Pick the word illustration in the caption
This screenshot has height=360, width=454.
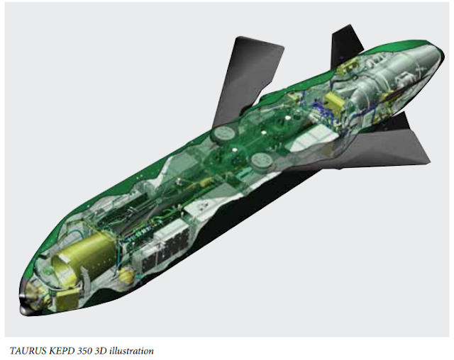[x=132, y=349]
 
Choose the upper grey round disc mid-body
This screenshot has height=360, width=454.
[x=223, y=132]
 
